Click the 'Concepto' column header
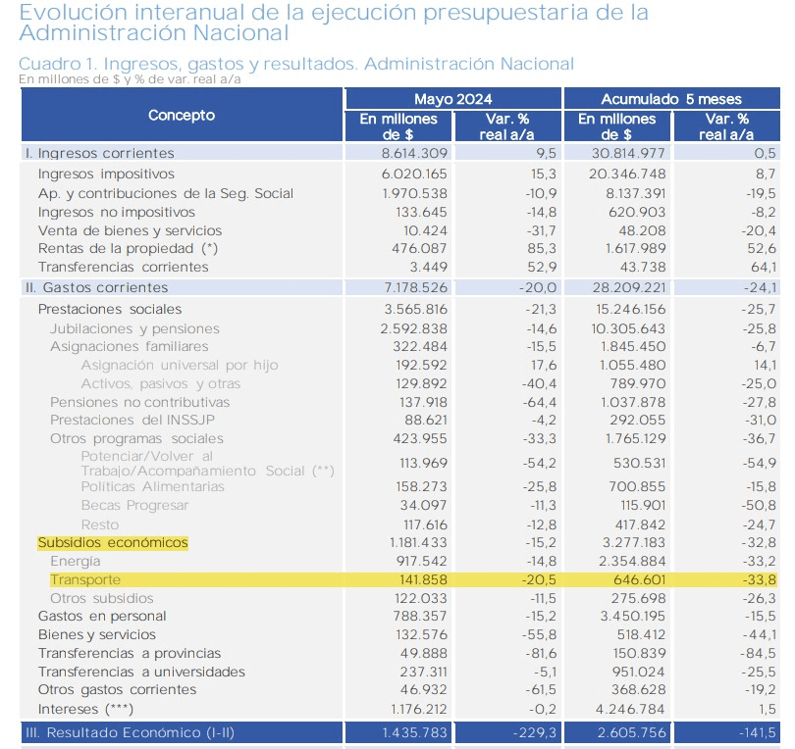182,116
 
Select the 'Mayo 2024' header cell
452,99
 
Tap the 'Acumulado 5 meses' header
672,99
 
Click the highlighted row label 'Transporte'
85,579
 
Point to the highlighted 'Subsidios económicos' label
112,543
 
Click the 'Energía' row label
75,562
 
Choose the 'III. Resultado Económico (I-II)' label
130,732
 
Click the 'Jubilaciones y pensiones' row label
134,328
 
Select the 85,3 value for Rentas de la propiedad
541,249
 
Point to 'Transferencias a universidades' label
141,672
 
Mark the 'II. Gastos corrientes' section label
95,287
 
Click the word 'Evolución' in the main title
70,13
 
